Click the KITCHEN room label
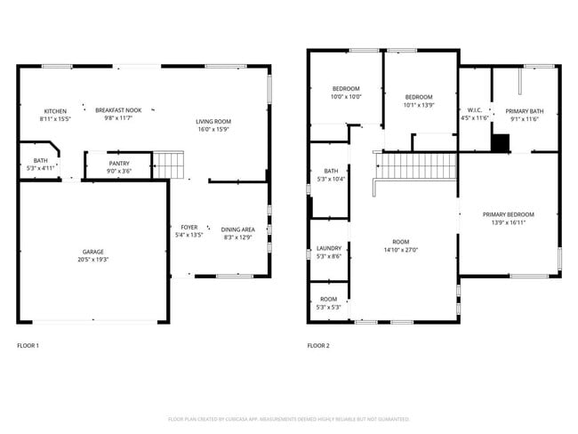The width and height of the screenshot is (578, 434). [x=55, y=110]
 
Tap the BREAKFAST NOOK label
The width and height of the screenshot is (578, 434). [x=118, y=110]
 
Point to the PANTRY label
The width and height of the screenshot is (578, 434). [x=119, y=163]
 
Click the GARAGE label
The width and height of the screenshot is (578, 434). [x=93, y=252]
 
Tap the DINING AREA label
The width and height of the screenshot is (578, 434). [x=237, y=229]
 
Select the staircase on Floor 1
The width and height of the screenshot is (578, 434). [x=169, y=165]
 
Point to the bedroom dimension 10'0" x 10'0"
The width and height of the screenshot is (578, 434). [x=346, y=97]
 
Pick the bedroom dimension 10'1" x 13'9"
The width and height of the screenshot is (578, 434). [x=419, y=105]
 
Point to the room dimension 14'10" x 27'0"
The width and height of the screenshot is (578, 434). [x=401, y=250]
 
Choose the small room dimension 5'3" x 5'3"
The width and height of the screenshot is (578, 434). [x=329, y=307]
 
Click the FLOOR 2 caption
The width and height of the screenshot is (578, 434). [x=317, y=345]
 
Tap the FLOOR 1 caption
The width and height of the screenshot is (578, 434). [x=28, y=345]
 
